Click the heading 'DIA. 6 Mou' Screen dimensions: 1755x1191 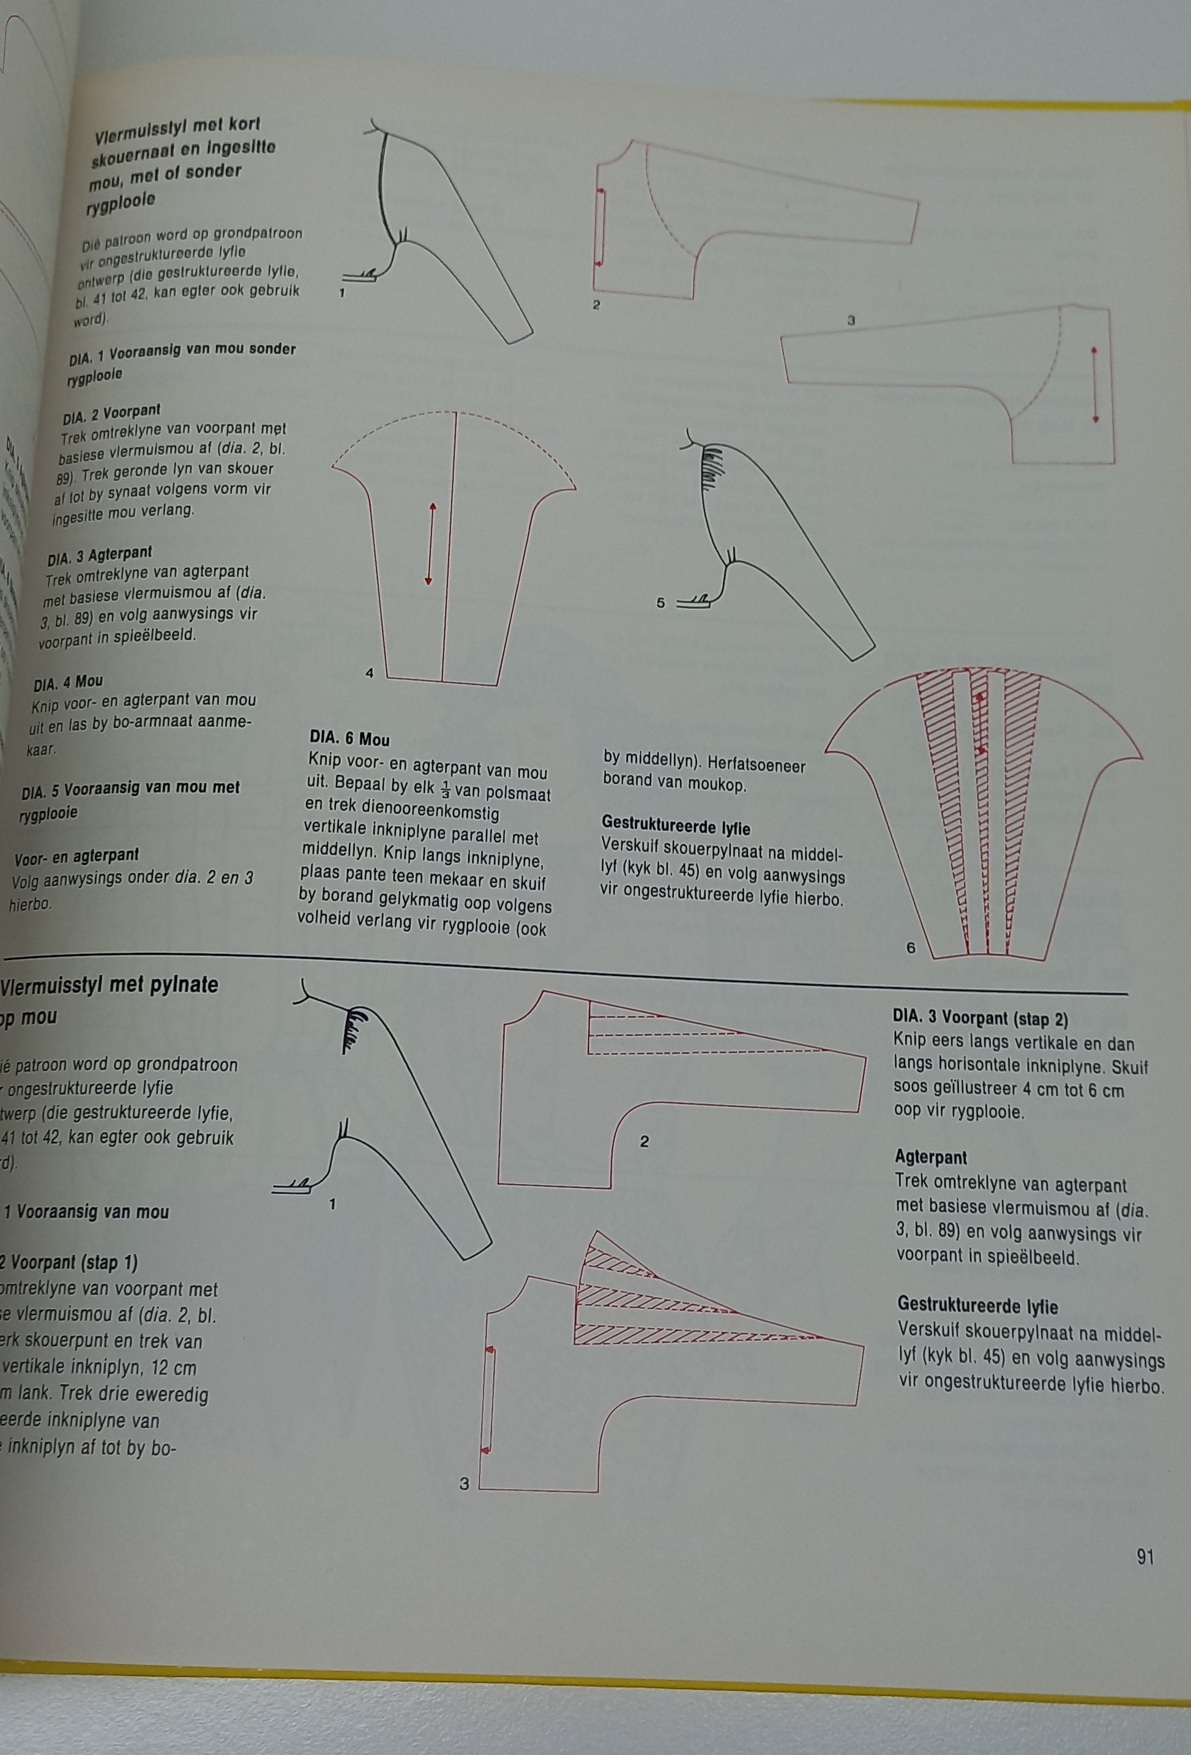[349, 739]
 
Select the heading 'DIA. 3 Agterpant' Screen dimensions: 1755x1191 [100, 557]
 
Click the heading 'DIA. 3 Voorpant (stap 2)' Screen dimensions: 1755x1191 [980, 1019]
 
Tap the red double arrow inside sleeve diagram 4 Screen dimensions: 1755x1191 [430, 544]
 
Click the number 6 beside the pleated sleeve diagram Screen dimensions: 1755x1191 [910, 948]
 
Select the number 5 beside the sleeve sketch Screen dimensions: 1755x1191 [660, 603]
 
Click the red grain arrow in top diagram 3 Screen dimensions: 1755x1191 [1095, 385]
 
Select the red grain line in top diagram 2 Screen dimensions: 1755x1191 [601, 226]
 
